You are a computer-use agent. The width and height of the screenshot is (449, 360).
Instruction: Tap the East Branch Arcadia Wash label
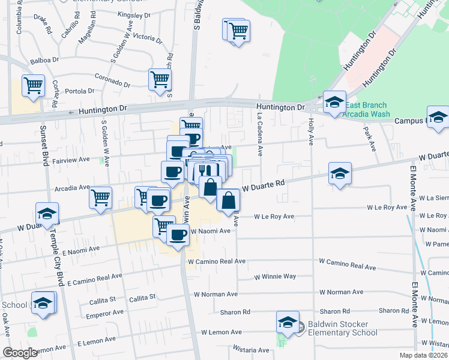[x=366, y=110]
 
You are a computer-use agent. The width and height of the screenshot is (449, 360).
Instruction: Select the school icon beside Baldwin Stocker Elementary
[x=288, y=322]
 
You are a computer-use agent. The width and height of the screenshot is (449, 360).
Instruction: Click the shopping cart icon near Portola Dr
[x=33, y=85]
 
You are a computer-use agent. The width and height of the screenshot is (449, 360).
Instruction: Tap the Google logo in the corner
[x=20, y=353]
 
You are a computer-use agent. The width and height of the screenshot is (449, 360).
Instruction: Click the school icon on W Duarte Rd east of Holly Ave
[x=340, y=174]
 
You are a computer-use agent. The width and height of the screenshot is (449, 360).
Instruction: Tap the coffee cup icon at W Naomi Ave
[x=178, y=235]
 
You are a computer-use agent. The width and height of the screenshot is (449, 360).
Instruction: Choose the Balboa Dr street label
[x=45, y=61]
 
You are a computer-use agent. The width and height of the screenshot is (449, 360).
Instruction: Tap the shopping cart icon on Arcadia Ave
[x=100, y=197]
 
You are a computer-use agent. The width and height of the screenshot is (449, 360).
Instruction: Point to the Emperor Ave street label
[x=105, y=313]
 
